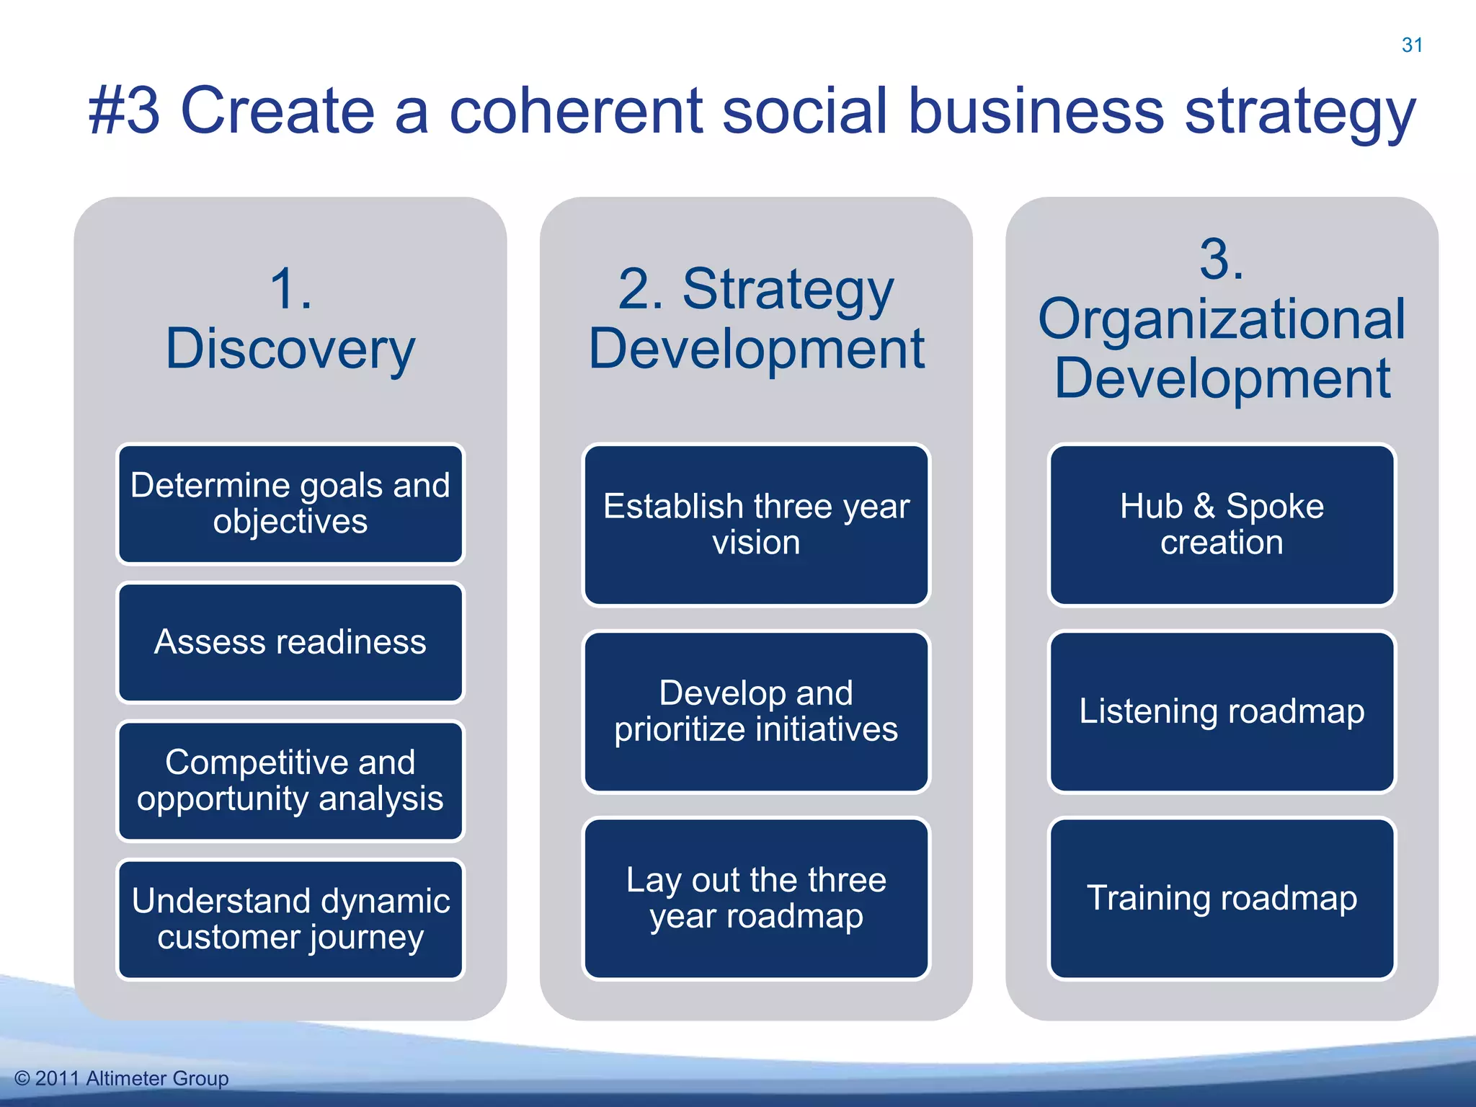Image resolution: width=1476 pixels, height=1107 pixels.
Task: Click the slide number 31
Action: click(x=1412, y=45)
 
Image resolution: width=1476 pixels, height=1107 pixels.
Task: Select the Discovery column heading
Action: click(x=290, y=349)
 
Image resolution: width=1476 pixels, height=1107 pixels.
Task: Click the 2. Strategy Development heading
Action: click(x=756, y=319)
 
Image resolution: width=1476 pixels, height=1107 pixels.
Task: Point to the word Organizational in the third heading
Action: click(x=1222, y=319)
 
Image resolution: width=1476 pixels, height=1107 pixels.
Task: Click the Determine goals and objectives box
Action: click(x=290, y=504)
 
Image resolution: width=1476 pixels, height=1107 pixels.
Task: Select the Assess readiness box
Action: click(x=290, y=642)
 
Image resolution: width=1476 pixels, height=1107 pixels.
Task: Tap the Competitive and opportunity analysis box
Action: click(x=290, y=781)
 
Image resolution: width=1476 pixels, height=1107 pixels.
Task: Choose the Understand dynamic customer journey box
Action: click(x=290, y=919)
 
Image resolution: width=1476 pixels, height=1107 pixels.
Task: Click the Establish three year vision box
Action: click(x=756, y=524)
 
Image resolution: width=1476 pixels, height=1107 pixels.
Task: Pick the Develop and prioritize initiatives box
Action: click(x=756, y=711)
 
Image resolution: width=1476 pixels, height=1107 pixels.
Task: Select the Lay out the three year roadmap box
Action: click(x=756, y=898)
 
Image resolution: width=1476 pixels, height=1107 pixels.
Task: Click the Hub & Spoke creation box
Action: click(x=1222, y=524)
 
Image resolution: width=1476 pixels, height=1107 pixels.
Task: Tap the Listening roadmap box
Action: click(x=1222, y=711)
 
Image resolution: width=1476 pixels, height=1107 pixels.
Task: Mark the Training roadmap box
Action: click(x=1222, y=898)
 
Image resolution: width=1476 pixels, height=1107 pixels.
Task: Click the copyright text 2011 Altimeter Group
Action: click(x=122, y=1078)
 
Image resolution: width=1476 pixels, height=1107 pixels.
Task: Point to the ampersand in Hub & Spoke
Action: click(x=1204, y=506)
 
